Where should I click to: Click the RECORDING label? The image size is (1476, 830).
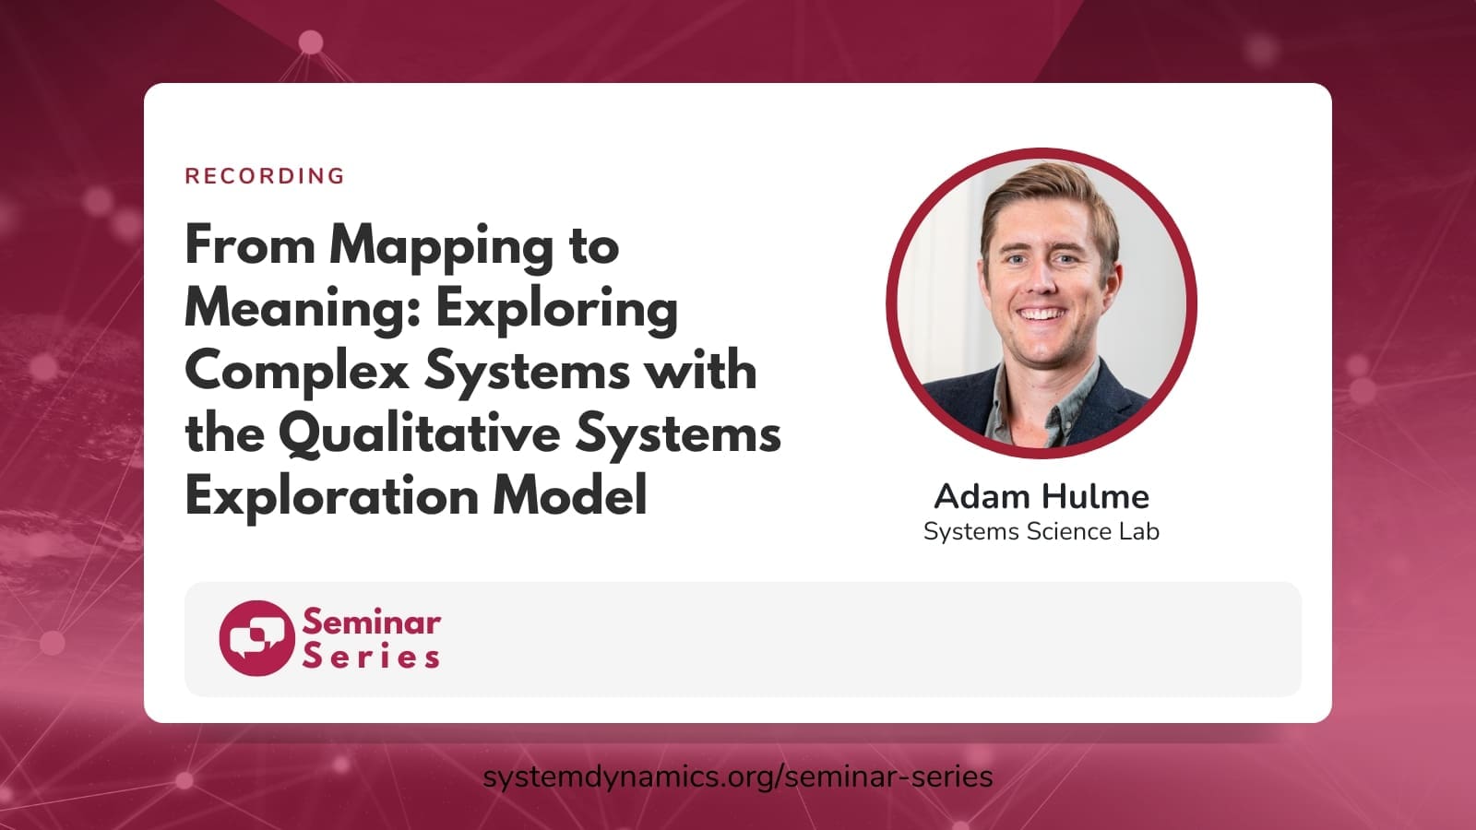[265, 176]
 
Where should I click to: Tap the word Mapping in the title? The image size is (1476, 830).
[442, 248]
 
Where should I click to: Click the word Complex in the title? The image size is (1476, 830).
[297, 373]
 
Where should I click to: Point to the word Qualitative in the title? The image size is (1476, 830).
[419, 434]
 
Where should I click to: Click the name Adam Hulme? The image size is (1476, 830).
[1042, 496]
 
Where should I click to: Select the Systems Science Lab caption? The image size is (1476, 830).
[1042, 531]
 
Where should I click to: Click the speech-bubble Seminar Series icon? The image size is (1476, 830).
[257, 637]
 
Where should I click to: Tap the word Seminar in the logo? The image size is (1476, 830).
[372, 622]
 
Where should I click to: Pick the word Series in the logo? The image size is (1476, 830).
[371, 657]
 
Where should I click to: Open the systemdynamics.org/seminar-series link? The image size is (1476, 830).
[738, 777]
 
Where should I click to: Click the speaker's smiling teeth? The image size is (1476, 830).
[1042, 314]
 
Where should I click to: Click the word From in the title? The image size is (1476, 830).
[250, 244]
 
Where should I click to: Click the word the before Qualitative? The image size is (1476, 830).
[225, 433]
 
